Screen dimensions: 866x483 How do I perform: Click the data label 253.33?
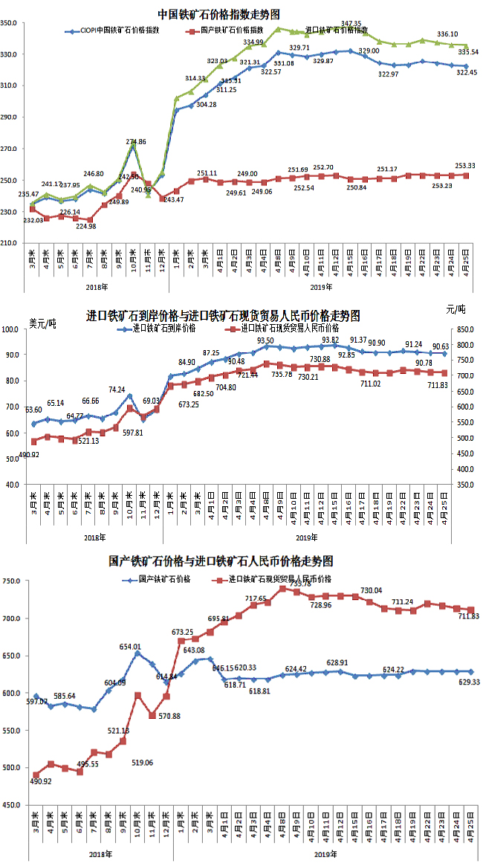click(464, 166)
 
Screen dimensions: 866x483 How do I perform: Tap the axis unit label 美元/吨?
click(42, 323)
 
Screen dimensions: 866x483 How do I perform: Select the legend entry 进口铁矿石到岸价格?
click(164, 328)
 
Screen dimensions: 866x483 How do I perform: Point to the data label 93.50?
click(266, 340)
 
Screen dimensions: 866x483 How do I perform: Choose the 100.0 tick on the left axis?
click(14, 329)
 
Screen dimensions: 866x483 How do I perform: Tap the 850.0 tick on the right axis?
click(458, 329)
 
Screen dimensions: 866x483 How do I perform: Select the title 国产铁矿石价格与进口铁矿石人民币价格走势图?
click(221, 560)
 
